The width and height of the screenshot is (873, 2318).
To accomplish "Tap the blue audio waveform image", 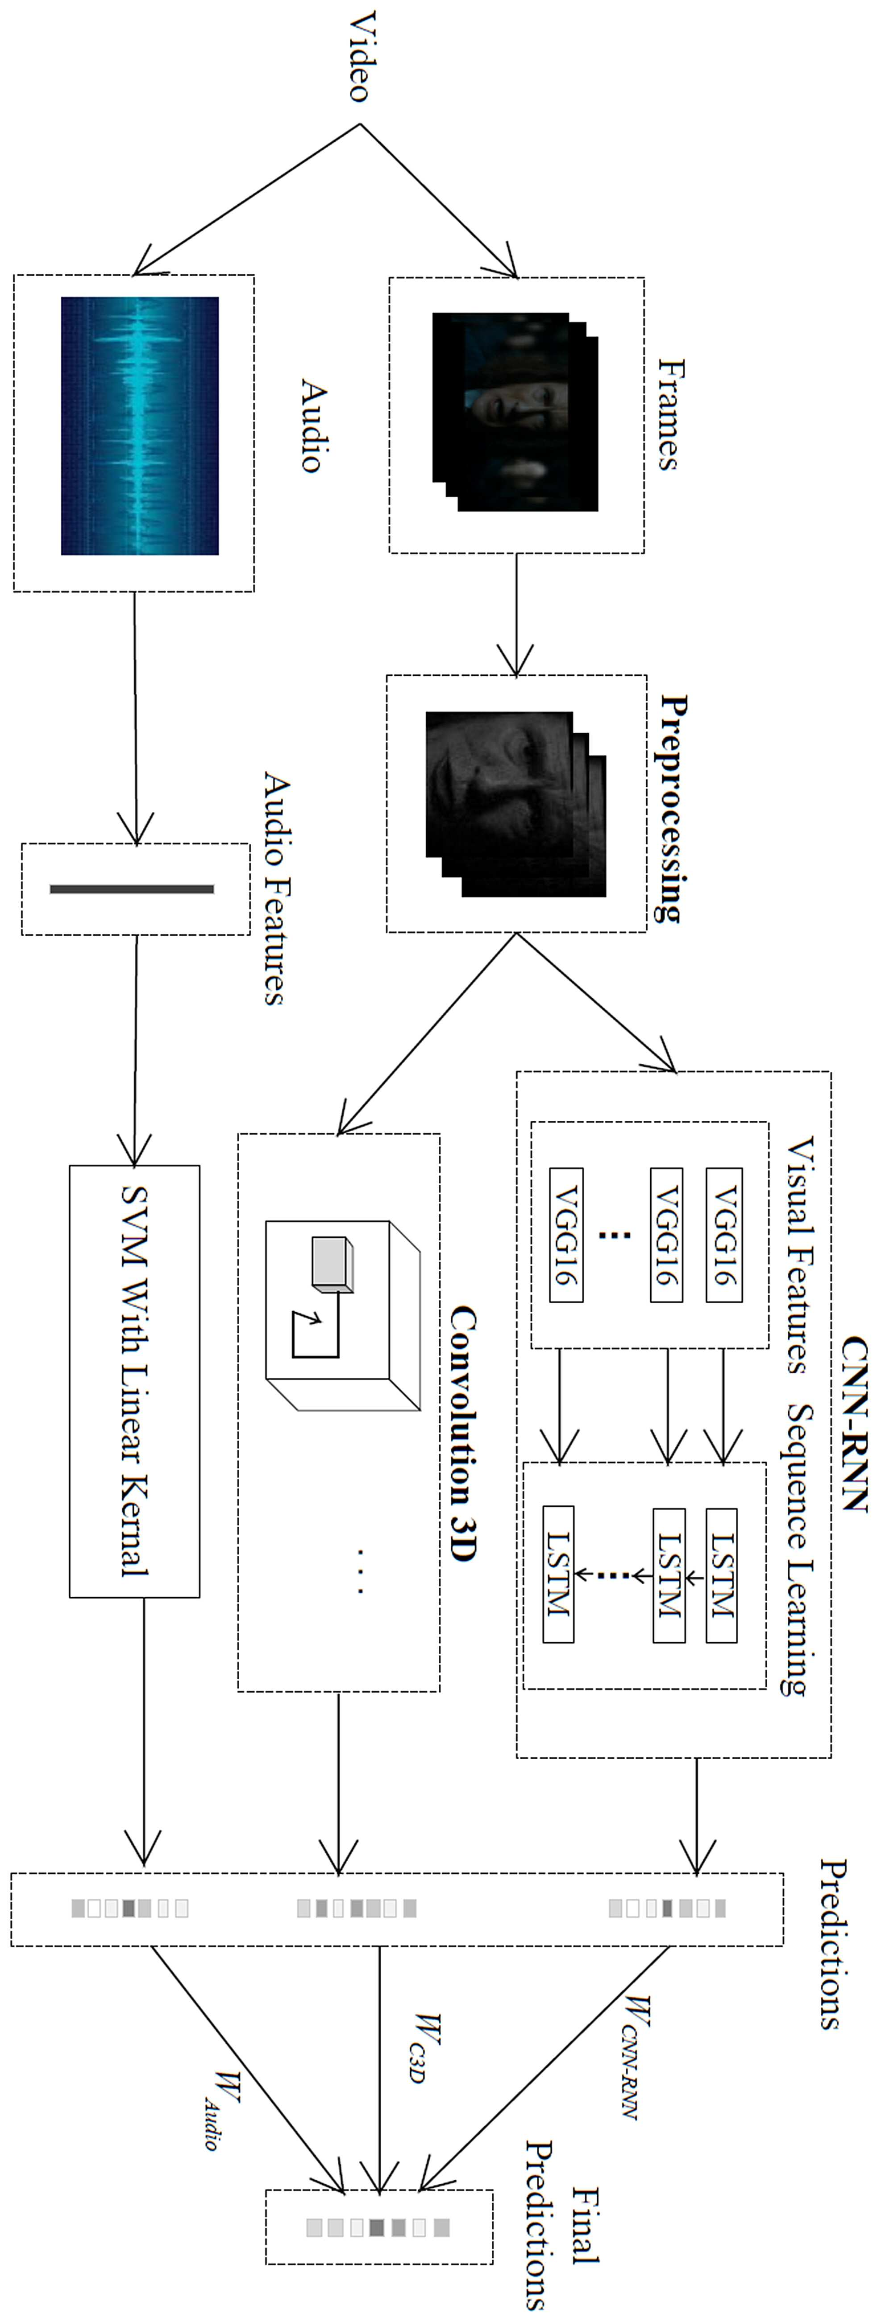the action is pos(140,426).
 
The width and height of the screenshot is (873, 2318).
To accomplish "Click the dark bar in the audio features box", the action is pos(132,889).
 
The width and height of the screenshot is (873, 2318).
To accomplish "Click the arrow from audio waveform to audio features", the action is pos(135,717).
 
